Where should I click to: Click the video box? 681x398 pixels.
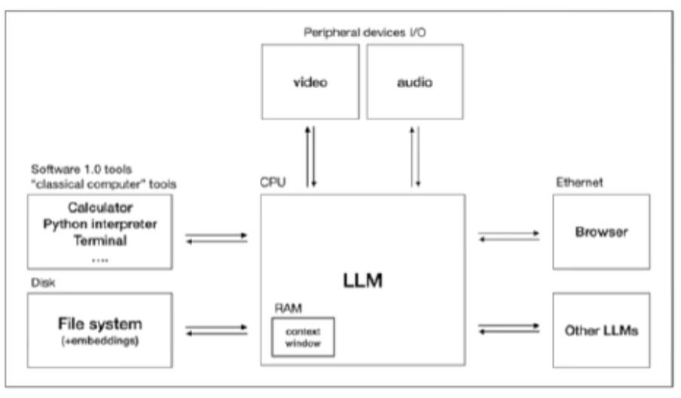click(x=310, y=81)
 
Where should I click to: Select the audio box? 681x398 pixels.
click(x=415, y=81)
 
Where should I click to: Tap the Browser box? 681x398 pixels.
click(x=601, y=232)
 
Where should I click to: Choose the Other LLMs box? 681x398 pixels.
click(x=601, y=330)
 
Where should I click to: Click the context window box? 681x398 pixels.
click(x=303, y=337)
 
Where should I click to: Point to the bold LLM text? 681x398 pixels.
click(x=362, y=280)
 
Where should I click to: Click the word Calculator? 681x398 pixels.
click(x=100, y=208)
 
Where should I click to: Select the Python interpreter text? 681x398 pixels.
click(x=100, y=224)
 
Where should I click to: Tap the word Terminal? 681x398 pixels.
click(x=100, y=240)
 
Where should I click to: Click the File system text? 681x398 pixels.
click(x=100, y=323)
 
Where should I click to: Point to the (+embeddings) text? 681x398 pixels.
click(x=100, y=341)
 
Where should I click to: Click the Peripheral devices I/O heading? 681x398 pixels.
click(x=365, y=32)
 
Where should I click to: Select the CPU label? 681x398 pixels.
click(x=273, y=182)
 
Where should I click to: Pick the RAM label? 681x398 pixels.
click(x=288, y=308)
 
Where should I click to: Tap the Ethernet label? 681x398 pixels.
click(x=579, y=182)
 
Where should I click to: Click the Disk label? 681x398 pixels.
click(x=43, y=283)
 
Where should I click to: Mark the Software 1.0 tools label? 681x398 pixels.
click(x=81, y=169)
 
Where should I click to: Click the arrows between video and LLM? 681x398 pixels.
click(x=310, y=157)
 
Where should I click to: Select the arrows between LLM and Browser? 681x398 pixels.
click(x=509, y=236)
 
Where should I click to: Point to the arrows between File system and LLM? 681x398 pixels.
click(x=216, y=330)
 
